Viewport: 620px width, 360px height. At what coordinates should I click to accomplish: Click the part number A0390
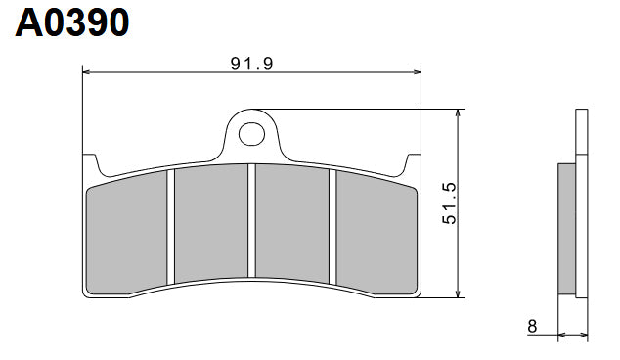(x=71, y=22)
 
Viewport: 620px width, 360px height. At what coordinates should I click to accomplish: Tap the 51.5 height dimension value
(x=449, y=202)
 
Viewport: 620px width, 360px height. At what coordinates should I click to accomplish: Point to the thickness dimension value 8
(x=531, y=327)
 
